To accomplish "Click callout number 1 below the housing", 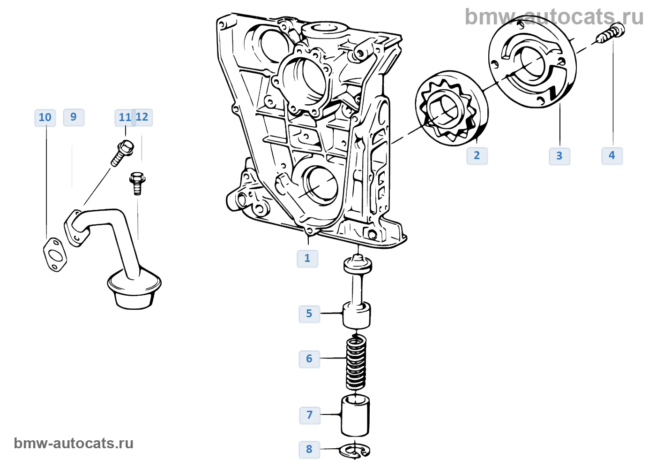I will [307, 258].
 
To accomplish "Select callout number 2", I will [477, 156].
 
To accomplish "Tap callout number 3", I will [559, 156].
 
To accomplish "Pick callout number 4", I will [612, 156].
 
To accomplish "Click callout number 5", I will [309, 314].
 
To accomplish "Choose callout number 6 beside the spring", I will [309, 359].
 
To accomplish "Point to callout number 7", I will [310, 415].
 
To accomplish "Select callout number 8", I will [309, 450].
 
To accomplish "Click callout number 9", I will [74, 117].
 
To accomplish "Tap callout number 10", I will [45, 118].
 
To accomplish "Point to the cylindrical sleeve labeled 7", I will [355, 416].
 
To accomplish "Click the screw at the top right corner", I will [611, 34].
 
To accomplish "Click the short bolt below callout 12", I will [137, 183].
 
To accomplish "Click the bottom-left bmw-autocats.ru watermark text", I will [74, 444].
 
